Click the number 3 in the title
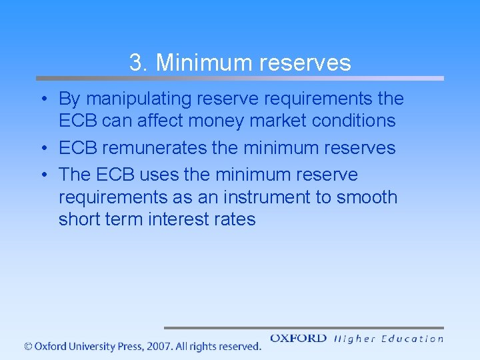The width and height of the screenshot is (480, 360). (135, 63)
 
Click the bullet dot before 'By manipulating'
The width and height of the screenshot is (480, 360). (43, 99)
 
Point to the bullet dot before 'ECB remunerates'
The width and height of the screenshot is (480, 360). (43, 148)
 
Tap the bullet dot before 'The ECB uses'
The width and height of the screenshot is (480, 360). (43, 175)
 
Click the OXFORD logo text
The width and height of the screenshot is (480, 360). (298, 338)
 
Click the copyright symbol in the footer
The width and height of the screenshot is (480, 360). (27, 346)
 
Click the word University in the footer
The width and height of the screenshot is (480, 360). (90, 346)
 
